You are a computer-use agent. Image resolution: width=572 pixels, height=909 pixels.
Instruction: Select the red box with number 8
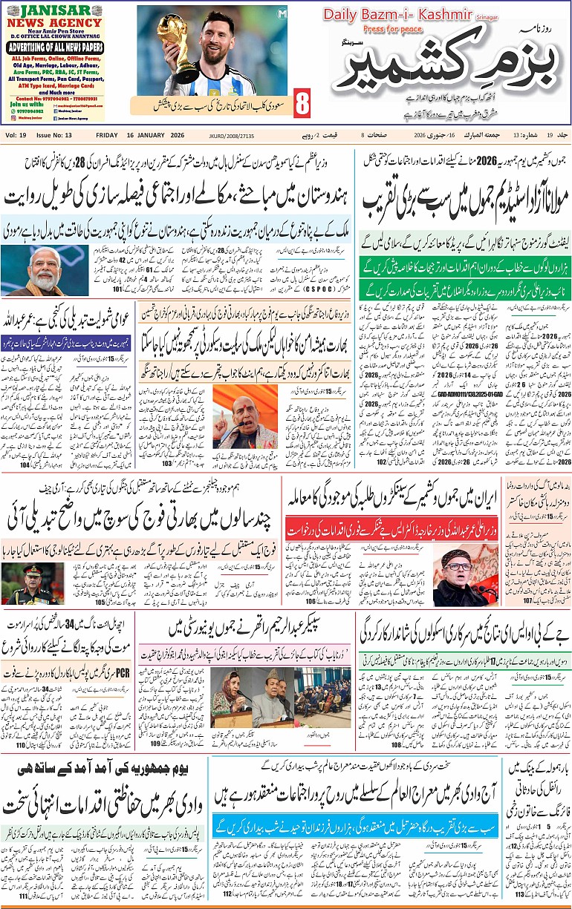(302, 104)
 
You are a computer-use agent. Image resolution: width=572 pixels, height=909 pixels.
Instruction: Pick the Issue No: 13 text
(54, 135)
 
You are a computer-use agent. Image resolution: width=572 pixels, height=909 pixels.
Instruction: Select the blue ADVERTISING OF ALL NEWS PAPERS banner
(53, 47)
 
